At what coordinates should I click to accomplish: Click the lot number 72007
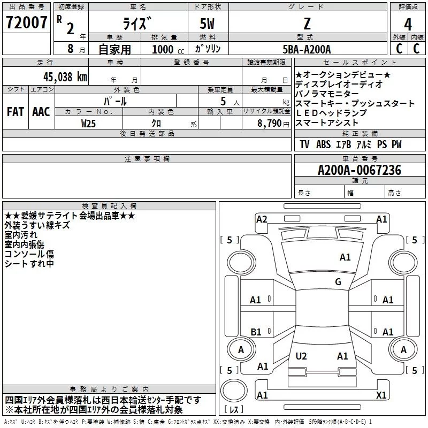point(26,23)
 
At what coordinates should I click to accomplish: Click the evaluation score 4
point(408,24)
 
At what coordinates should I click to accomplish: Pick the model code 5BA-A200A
point(307,49)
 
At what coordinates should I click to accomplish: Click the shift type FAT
point(15,112)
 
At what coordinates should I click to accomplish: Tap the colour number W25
point(89,123)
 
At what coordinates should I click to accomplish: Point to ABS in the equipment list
point(323,144)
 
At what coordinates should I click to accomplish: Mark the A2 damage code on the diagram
point(262,219)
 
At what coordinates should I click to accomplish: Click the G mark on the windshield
point(338,282)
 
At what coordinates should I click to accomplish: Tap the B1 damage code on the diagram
point(256,332)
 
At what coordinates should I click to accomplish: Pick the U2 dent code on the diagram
point(301,356)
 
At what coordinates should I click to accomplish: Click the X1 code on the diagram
point(381,395)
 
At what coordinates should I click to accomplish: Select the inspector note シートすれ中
point(29,263)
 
